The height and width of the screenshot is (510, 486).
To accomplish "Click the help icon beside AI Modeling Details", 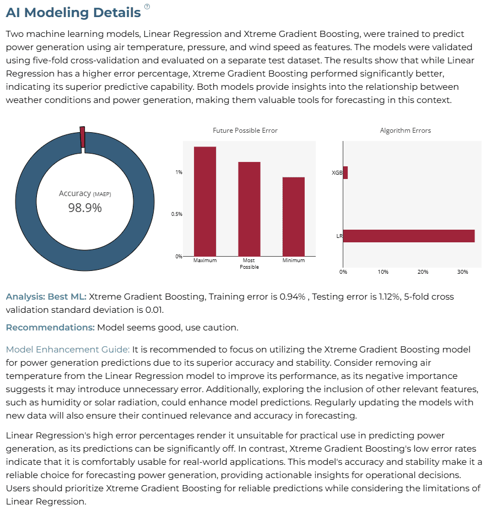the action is pos(147,7).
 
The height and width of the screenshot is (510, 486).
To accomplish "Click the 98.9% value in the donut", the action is pos(85,208).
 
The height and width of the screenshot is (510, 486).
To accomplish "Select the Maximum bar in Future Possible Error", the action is pos(205,202).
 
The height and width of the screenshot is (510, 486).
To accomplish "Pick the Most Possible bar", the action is pos(250,209).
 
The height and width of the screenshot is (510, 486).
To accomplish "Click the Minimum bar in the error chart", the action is pos(294,216).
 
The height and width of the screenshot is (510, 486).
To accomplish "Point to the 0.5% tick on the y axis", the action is pos(177,214).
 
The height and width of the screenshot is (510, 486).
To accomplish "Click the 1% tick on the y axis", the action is pos(179,172).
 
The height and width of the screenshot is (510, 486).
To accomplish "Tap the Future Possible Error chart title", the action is pos(245,131).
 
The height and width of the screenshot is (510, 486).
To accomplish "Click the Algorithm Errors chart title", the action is pos(405,131).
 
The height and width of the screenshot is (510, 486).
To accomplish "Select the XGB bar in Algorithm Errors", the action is pos(345,173).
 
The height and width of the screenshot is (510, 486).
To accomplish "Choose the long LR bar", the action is pos(409,236).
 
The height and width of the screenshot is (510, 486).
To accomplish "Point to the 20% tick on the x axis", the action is pos(423,272).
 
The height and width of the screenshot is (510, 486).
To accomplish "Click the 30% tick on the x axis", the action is pos(462,272).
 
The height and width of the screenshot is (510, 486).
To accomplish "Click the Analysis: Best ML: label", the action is pos(46,297).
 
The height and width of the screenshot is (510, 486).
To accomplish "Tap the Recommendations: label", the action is pos(50,327).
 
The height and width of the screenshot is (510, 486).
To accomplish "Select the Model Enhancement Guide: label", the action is pos(68,349).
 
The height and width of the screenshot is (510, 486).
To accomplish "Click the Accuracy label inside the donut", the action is pos(75,193).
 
